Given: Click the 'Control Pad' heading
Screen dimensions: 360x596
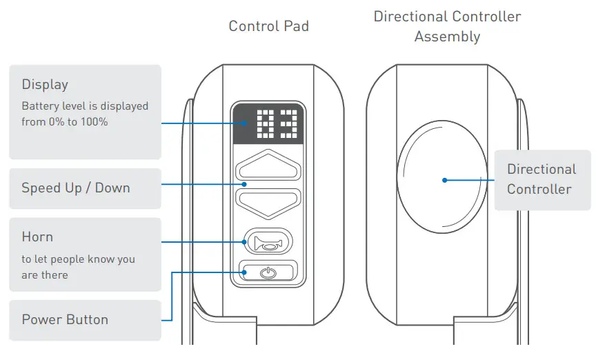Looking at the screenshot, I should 268,26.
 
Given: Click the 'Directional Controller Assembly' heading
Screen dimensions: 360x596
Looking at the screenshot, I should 447,26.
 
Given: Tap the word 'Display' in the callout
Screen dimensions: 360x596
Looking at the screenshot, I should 45,85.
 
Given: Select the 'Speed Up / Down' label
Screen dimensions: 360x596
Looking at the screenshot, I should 75,188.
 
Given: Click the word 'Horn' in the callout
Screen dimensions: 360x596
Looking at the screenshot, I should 37,237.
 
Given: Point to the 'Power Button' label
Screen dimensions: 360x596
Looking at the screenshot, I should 65,319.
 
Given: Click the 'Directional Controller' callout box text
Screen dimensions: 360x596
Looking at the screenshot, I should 541,179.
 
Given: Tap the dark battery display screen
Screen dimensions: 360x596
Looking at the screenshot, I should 268,124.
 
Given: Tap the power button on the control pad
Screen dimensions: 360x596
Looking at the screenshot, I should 268,272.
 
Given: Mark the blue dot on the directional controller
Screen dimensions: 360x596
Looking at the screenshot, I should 445,180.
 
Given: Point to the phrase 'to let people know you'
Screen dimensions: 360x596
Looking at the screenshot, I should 78,259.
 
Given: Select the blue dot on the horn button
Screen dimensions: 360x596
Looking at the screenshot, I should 246,241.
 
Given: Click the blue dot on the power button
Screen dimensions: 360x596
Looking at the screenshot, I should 246,272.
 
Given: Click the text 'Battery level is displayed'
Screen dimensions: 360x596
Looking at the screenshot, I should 85,106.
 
